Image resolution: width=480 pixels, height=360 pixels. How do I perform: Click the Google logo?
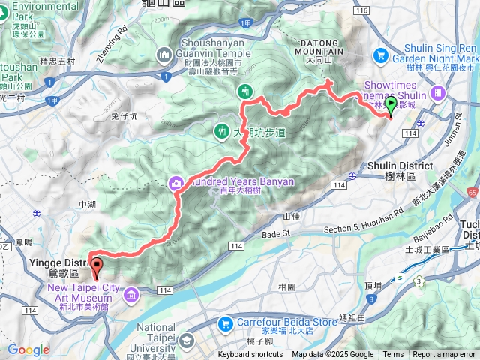click(28, 349)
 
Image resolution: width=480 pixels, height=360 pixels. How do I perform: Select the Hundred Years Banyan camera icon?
click(176, 181)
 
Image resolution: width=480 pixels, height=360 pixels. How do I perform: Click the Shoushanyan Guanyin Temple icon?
click(164, 55)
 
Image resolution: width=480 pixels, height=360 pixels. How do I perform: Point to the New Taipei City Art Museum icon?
click(132, 295)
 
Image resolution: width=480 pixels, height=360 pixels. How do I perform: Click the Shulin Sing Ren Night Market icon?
click(381, 55)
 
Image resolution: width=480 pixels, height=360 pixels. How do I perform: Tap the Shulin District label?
click(400, 166)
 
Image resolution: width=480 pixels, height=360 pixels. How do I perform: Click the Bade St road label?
click(277, 234)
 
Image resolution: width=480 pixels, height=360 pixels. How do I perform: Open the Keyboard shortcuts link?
click(250, 355)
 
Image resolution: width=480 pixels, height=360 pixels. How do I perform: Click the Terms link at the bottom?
click(393, 355)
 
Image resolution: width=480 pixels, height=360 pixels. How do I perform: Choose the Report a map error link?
click(444, 355)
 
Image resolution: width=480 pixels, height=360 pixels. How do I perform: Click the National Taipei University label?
click(157, 337)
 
